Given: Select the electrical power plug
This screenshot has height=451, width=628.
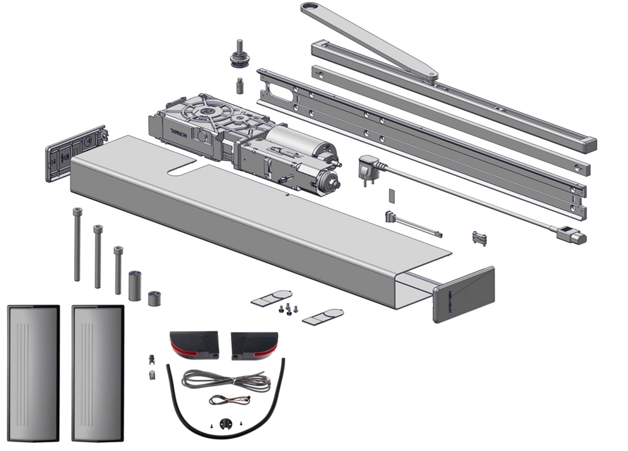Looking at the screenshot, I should pyautogui.click(x=366, y=168).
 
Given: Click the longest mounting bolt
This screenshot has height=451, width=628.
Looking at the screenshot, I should pyautogui.click(x=77, y=245).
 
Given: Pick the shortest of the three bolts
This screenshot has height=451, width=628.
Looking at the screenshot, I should pyautogui.click(x=118, y=270).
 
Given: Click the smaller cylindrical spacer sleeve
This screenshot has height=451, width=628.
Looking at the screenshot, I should pyautogui.click(x=154, y=298).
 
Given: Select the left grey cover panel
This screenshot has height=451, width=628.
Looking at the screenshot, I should pyautogui.click(x=33, y=372).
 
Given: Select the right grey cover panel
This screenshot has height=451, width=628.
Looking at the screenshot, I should pyautogui.click(x=97, y=372).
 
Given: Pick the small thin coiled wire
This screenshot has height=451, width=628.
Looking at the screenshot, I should pyautogui.click(x=229, y=399).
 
